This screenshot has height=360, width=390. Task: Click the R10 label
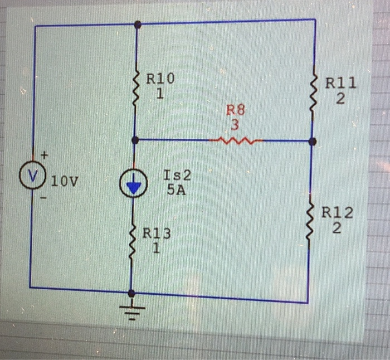[160, 79]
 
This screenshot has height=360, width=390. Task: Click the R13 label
[157, 233]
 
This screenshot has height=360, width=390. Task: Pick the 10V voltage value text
[64, 181]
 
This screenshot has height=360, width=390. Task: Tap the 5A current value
[176, 189]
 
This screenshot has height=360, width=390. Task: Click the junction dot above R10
[138, 24]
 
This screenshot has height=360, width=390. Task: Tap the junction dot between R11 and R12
[312, 142]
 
